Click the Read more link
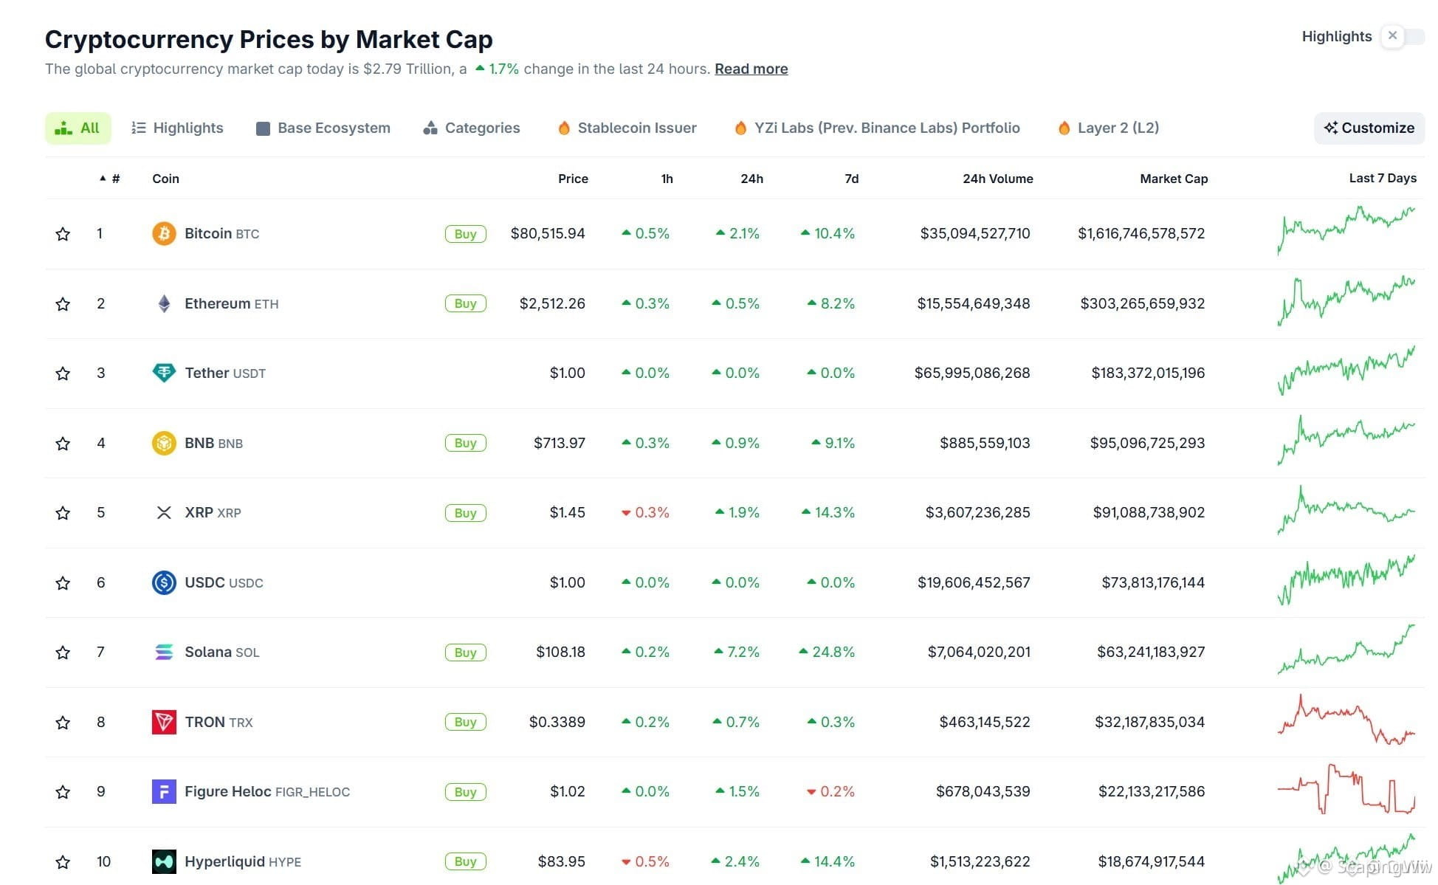(751, 69)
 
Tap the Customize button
(1369, 128)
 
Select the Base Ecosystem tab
(323, 128)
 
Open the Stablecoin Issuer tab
(627, 128)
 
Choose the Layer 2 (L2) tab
(1108, 128)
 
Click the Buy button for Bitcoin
(465, 234)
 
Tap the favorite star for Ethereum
(63, 304)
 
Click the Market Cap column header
(1174, 179)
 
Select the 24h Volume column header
(997, 179)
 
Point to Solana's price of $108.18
(560, 652)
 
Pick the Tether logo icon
(164, 373)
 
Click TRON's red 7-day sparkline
(1346, 720)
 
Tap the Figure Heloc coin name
(228, 791)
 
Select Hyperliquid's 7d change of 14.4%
(828, 861)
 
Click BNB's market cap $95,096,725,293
(1147, 443)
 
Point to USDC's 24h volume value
(974, 582)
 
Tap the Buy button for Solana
(465, 652)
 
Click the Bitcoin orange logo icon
(164, 233)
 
